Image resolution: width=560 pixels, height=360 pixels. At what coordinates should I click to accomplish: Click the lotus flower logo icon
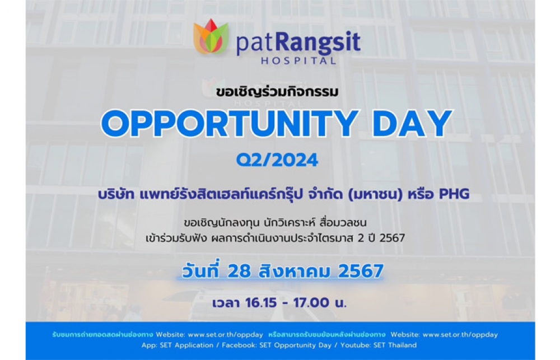[211, 37]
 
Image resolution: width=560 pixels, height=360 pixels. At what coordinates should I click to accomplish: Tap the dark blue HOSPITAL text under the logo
[298, 60]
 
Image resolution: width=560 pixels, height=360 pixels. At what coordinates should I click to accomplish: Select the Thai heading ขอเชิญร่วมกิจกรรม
[277, 92]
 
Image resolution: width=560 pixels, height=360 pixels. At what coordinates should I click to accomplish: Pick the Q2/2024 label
[277, 160]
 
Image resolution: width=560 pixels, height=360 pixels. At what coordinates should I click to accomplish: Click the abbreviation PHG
[454, 194]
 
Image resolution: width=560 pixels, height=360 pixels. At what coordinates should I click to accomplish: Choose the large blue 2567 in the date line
[361, 271]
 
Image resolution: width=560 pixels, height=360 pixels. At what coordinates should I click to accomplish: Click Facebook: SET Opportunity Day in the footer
[277, 345]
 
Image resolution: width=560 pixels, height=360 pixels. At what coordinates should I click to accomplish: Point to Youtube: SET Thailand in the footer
[379, 345]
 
